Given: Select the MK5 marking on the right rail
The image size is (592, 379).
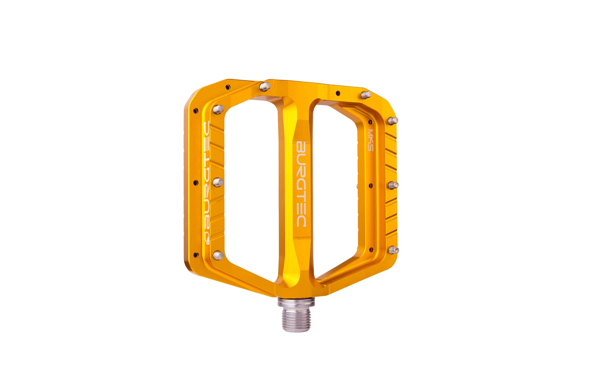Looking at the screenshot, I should [x=371, y=140].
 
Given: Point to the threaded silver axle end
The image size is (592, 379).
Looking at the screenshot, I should [x=296, y=320].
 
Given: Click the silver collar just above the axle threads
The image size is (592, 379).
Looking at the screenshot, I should [x=296, y=303].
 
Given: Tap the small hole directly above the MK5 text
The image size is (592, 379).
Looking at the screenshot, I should [x=370, y=122].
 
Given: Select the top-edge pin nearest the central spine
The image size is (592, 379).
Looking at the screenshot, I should [x=265, y=86].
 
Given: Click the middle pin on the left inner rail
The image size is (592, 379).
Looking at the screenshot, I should [x=218, y=182].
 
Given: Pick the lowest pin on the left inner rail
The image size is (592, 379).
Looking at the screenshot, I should [x=218, y=255].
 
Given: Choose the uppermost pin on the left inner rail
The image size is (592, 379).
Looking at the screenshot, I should [x=218, y=109].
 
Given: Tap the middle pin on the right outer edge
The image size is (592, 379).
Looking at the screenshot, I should [x=393, y=185].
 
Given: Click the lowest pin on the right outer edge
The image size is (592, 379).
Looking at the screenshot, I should [x=393, y=250].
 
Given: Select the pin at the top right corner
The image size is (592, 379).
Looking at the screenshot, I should [x=366, y=95].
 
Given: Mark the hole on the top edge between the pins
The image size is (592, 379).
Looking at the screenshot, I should [x=338, y=93].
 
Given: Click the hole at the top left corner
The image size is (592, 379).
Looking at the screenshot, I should [x=228, y=87].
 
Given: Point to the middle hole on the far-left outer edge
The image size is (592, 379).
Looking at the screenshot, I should [x=195, y=183].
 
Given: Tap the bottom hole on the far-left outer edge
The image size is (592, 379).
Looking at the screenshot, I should [x=195, y=254].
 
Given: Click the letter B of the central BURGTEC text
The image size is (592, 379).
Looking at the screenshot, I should [x=301, y=147].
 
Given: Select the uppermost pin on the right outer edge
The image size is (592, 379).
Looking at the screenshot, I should [x=393, y=120].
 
